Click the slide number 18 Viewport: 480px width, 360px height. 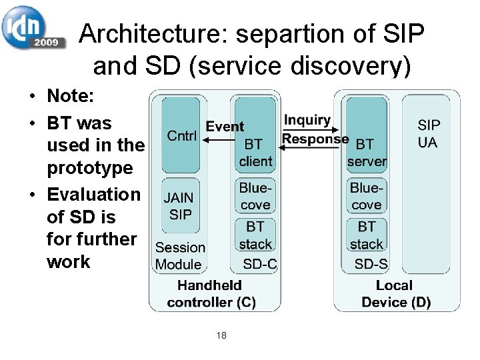click(221, 335)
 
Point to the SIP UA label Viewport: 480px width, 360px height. click(429, 133)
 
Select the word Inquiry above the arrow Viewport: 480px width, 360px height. click(307, 121)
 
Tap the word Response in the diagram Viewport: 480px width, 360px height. click(315, 139)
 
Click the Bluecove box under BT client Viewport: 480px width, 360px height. click(255, 196)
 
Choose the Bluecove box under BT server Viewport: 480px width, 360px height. click(366, 196)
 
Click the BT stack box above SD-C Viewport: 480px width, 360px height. click(255, 235)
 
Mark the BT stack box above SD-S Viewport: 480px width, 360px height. click(366, 235)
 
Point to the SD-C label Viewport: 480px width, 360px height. click(259, 264)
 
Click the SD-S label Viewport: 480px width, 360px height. click(371, 264)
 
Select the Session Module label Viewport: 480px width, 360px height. click(180, 255)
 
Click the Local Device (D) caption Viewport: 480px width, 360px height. click(395, 293)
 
